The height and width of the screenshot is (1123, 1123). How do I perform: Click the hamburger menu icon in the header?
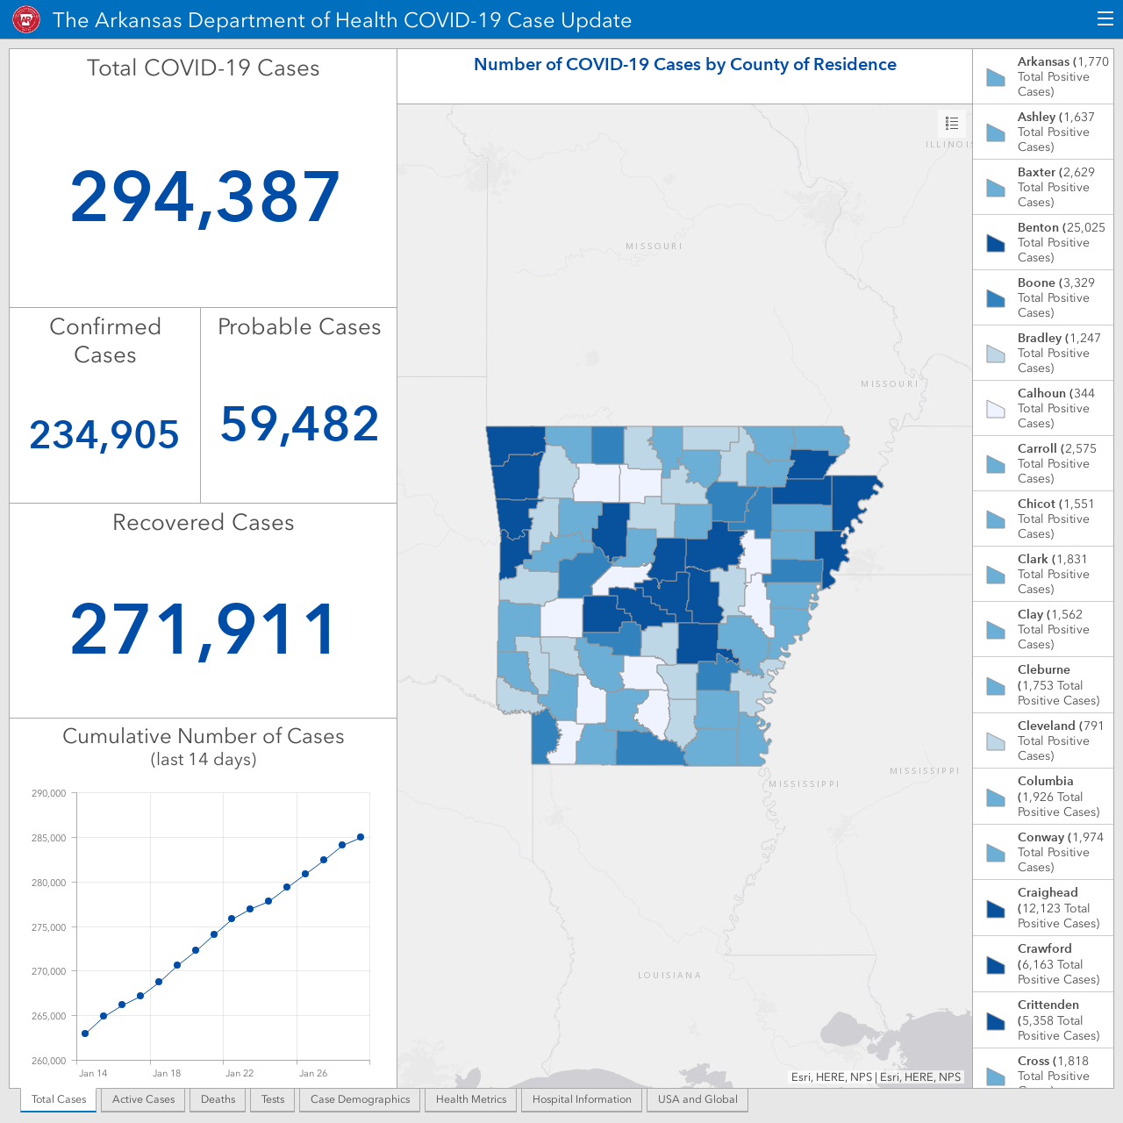1105,19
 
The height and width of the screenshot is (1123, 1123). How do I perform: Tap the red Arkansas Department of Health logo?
26,20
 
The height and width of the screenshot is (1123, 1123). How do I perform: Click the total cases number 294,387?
204,197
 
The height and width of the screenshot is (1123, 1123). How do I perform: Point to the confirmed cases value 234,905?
104,435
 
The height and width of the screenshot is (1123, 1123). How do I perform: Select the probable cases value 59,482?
299,424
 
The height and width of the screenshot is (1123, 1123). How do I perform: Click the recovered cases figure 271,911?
204,629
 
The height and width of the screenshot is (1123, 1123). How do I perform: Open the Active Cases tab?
143,1099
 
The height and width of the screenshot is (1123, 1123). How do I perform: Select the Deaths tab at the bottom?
218,1099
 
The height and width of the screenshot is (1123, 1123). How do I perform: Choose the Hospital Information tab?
582,1099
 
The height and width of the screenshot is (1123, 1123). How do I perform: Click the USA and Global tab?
697,1099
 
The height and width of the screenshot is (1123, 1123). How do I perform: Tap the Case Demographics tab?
361,1099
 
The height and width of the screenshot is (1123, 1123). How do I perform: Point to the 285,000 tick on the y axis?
49,838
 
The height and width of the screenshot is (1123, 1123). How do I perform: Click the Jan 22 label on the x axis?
240,1073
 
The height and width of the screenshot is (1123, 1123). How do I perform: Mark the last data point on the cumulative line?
361,837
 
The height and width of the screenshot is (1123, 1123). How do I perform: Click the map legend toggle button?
952,123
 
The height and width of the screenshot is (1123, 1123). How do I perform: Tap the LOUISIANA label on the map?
669,975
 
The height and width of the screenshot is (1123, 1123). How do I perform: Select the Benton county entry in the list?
1043,242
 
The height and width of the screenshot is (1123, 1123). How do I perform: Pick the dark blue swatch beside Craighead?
996,908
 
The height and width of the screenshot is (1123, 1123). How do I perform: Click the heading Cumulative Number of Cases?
204,737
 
